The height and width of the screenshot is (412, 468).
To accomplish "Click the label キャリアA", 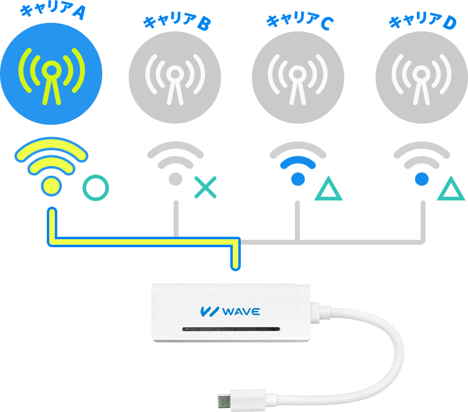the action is pos(53,11).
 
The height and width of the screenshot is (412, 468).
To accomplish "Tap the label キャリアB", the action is pos(177,22).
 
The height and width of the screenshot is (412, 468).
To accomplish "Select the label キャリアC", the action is pos(300,21).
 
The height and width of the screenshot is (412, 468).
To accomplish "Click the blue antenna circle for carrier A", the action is pos(51,74).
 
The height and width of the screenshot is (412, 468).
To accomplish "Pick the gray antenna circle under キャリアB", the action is pos(175,77).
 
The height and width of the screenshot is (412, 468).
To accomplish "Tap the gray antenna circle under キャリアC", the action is pos(298,77).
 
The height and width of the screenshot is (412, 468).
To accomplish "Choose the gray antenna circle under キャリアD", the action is pos(421,77).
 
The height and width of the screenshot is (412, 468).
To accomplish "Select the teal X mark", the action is pos(205,188).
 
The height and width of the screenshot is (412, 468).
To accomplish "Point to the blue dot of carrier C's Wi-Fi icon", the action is pos(298,179).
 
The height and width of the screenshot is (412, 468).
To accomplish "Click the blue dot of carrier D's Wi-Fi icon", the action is pos(422,179).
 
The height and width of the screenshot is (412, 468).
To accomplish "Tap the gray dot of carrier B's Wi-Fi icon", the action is pos(175,179).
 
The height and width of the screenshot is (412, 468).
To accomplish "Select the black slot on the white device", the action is pos(232,329).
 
